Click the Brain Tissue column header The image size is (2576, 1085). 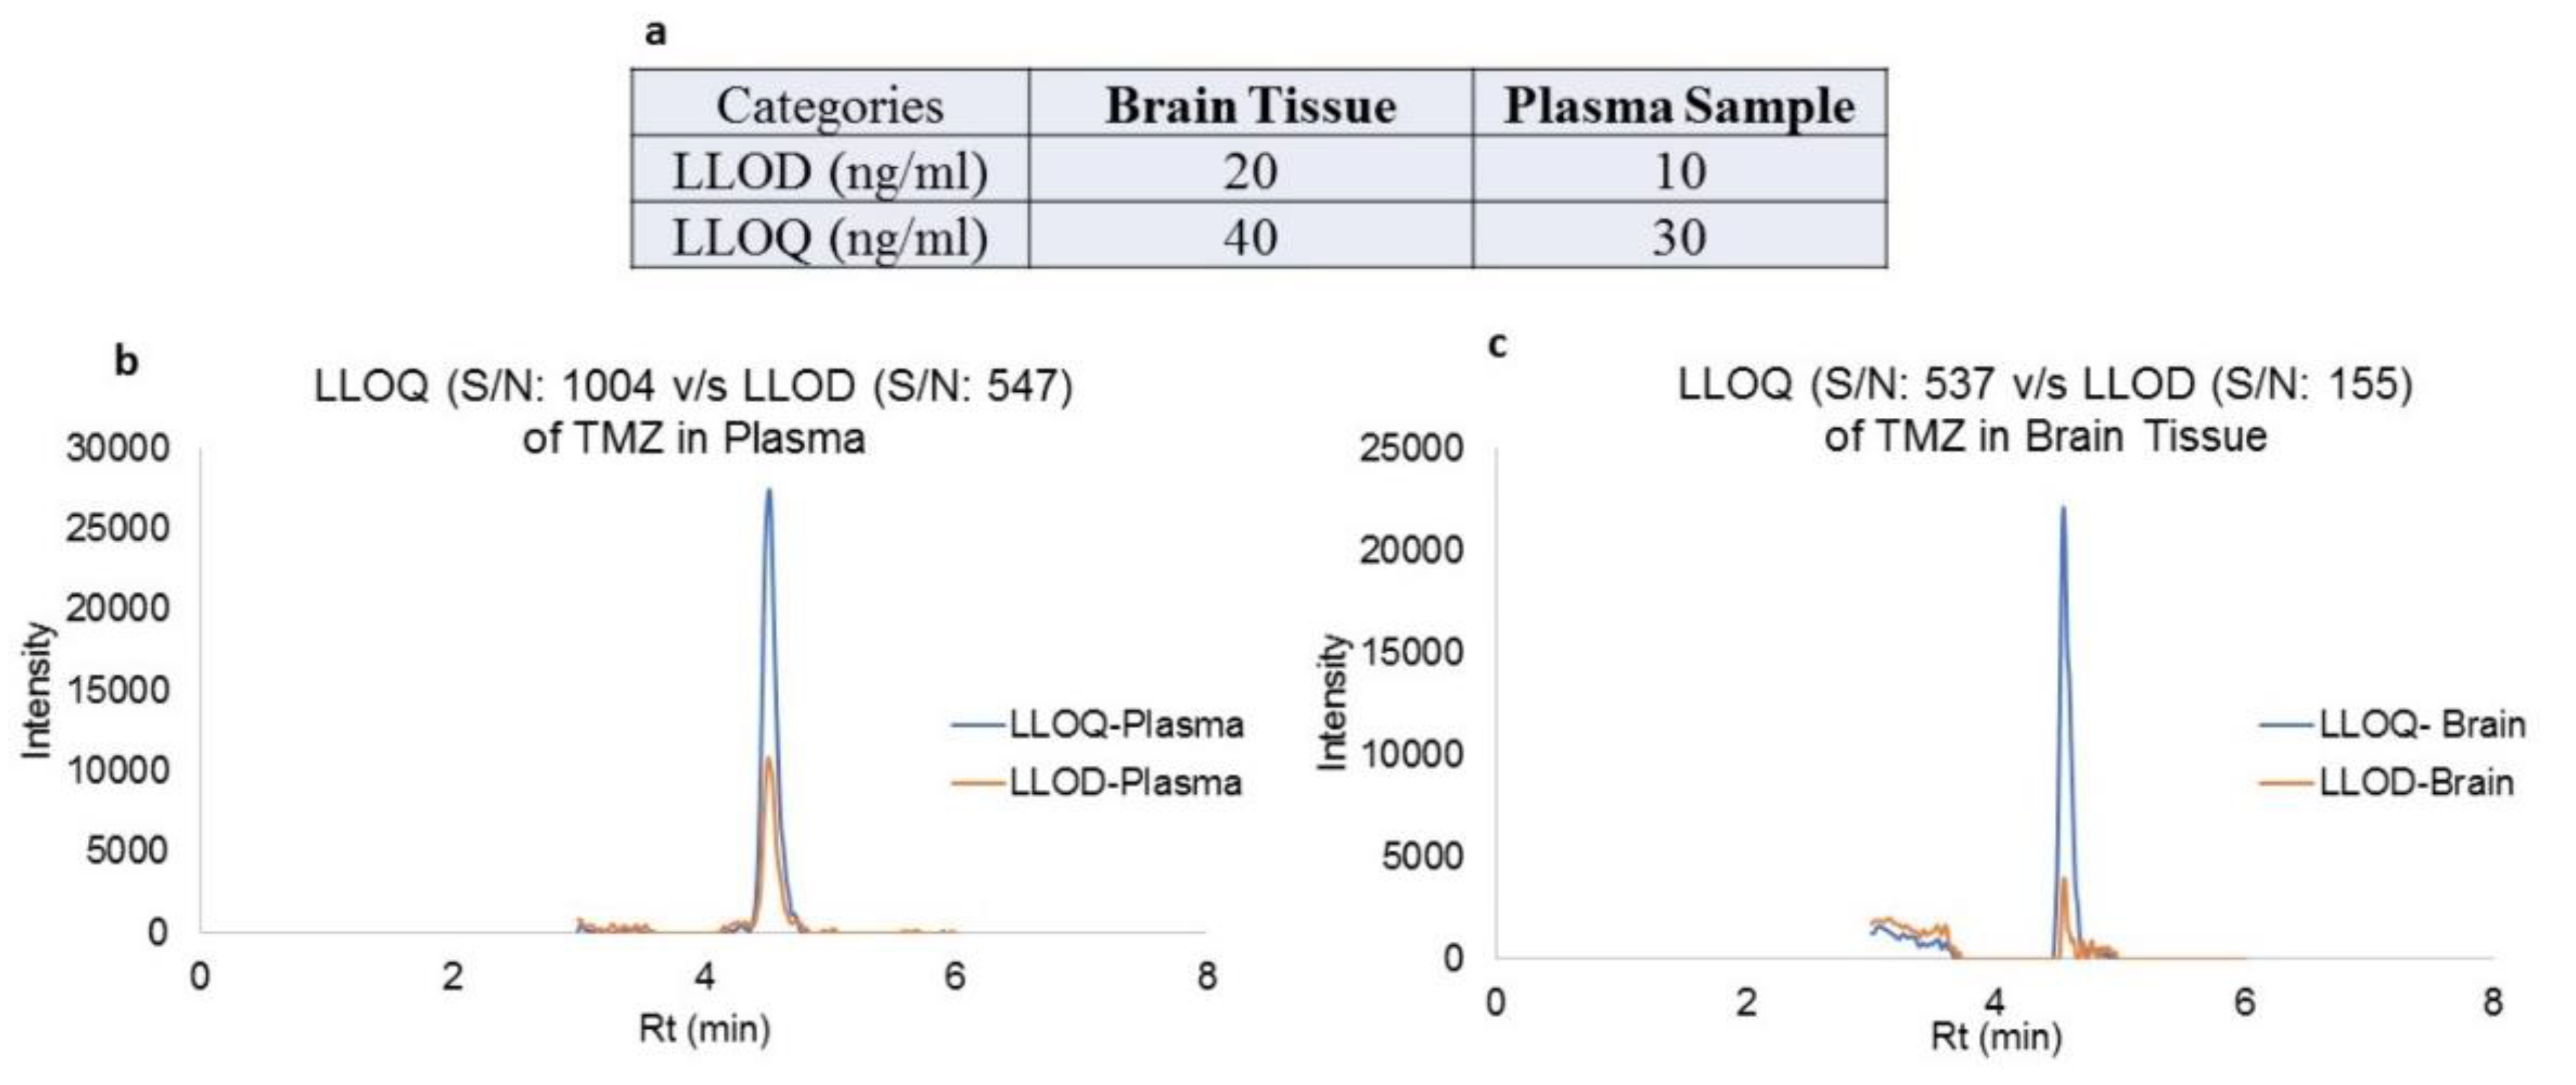click(x=1250, y=105)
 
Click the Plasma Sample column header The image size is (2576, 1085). click(x=1679, y=105)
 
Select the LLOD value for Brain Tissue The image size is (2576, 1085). click(x=1250, y=171)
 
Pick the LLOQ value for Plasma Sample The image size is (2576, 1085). click(x=1679, y=237)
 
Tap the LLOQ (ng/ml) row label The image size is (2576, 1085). click(x=829, y=237)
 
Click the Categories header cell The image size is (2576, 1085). click(x=829, y=105)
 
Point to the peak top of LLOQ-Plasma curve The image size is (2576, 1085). click(x=769, y=490)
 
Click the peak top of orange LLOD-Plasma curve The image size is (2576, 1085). click(x=768, y=758)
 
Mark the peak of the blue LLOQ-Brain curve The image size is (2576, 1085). click(x=2062, y=508)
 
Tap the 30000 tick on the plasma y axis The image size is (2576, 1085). click(x=118, y=448)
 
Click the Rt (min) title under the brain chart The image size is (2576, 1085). click(x=1996, y=1036)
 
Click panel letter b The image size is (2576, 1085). click(x=126, y=361)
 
